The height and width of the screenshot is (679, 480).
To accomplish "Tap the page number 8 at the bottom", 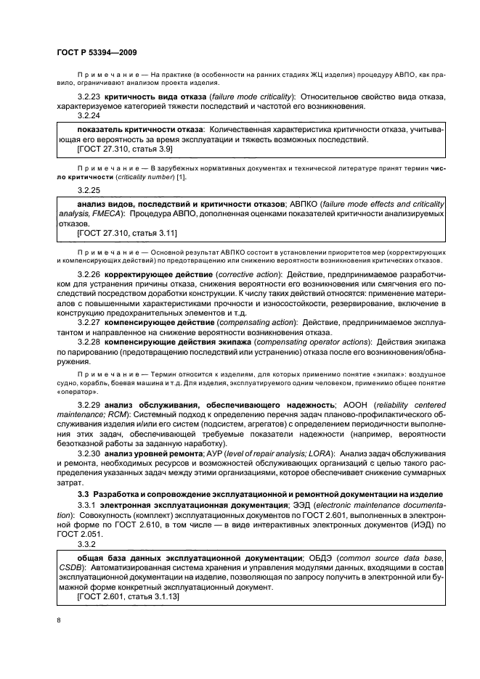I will pyautogui.click(x=58, y=620).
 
